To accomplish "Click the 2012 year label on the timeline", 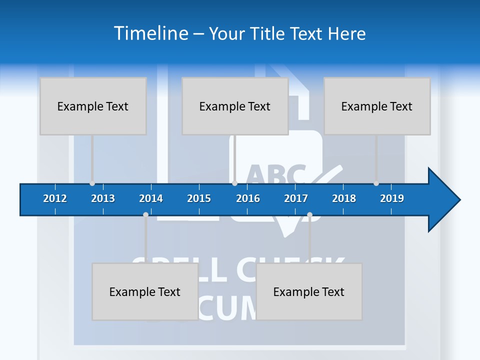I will [x=55, y=198].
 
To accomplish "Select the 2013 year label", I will [x=103, y=198].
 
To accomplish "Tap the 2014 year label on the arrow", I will [x=151, y=198].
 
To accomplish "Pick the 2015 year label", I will [x=199, y=198].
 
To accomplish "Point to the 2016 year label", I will [x=248, y=198].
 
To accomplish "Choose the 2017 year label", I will [x=296, y=198].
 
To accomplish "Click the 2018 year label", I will [x=344, y=198].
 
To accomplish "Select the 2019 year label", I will [x=392, y=198].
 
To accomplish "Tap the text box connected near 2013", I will [x=93, y=106].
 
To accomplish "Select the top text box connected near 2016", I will [x=235, y=106].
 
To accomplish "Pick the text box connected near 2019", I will [x=377, y=106].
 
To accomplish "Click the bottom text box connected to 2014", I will [x=145, y=291].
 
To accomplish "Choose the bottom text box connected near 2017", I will [x=309, y=291].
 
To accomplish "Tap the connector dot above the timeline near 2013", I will [x=92, y=183].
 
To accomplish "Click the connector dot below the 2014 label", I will [x=145, y=215].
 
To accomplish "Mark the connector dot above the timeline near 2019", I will [x=376, y=183].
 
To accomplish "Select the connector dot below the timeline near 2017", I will [x=309, y=215].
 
